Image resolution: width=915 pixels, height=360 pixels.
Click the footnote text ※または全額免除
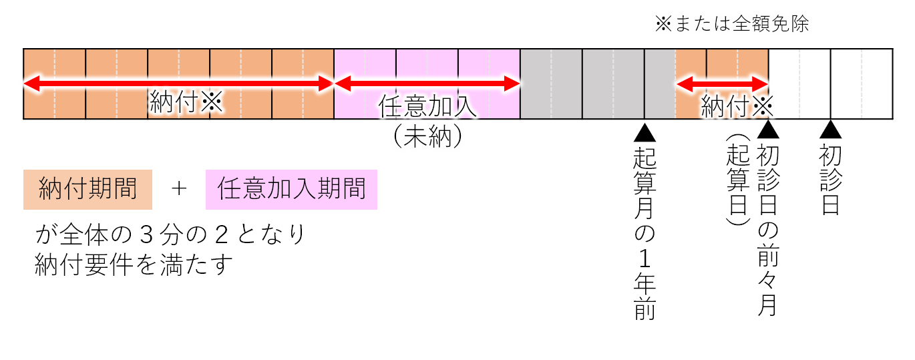(732, 25)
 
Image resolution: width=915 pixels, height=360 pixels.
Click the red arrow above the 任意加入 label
(427, 83)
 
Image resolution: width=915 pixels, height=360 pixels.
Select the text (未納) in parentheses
(427, 136)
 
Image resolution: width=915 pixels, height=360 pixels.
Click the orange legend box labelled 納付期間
(87, 189)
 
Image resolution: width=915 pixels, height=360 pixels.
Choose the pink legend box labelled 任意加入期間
(291, 189)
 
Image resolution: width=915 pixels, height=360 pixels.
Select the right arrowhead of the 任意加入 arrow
(514, 83)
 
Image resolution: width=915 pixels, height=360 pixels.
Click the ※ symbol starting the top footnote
(662, 25)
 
